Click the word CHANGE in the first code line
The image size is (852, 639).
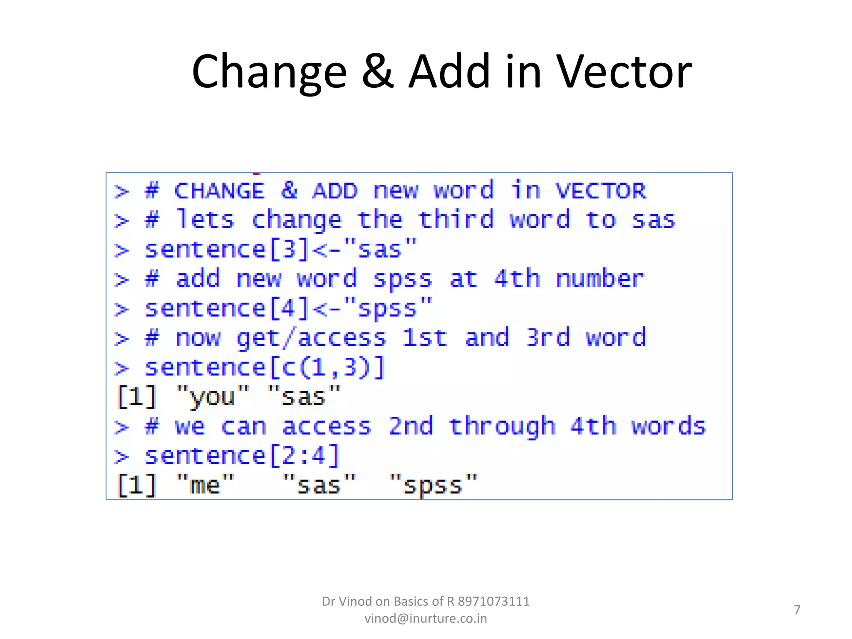[x=219, y=191]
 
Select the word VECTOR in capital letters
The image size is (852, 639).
[x=601, y=191]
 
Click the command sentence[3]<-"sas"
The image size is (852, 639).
[x=280, y=250]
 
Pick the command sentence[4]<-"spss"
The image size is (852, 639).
[x=288, y=309]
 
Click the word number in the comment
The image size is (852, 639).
[x=600, y=279]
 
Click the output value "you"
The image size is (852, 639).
[x=213, y=396]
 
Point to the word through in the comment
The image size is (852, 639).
[x=502, y=426]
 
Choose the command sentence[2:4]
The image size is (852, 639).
[x=242, y=456]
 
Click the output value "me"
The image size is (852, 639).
[x=205, y=485]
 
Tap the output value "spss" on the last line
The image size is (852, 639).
[x=433, y=485]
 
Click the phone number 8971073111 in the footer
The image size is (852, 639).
[x=493, y=602]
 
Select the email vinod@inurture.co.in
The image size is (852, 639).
[x=426, y=619]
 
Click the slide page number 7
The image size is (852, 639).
[x=797, y=610]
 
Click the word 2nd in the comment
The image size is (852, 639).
[x=411, y=426]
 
